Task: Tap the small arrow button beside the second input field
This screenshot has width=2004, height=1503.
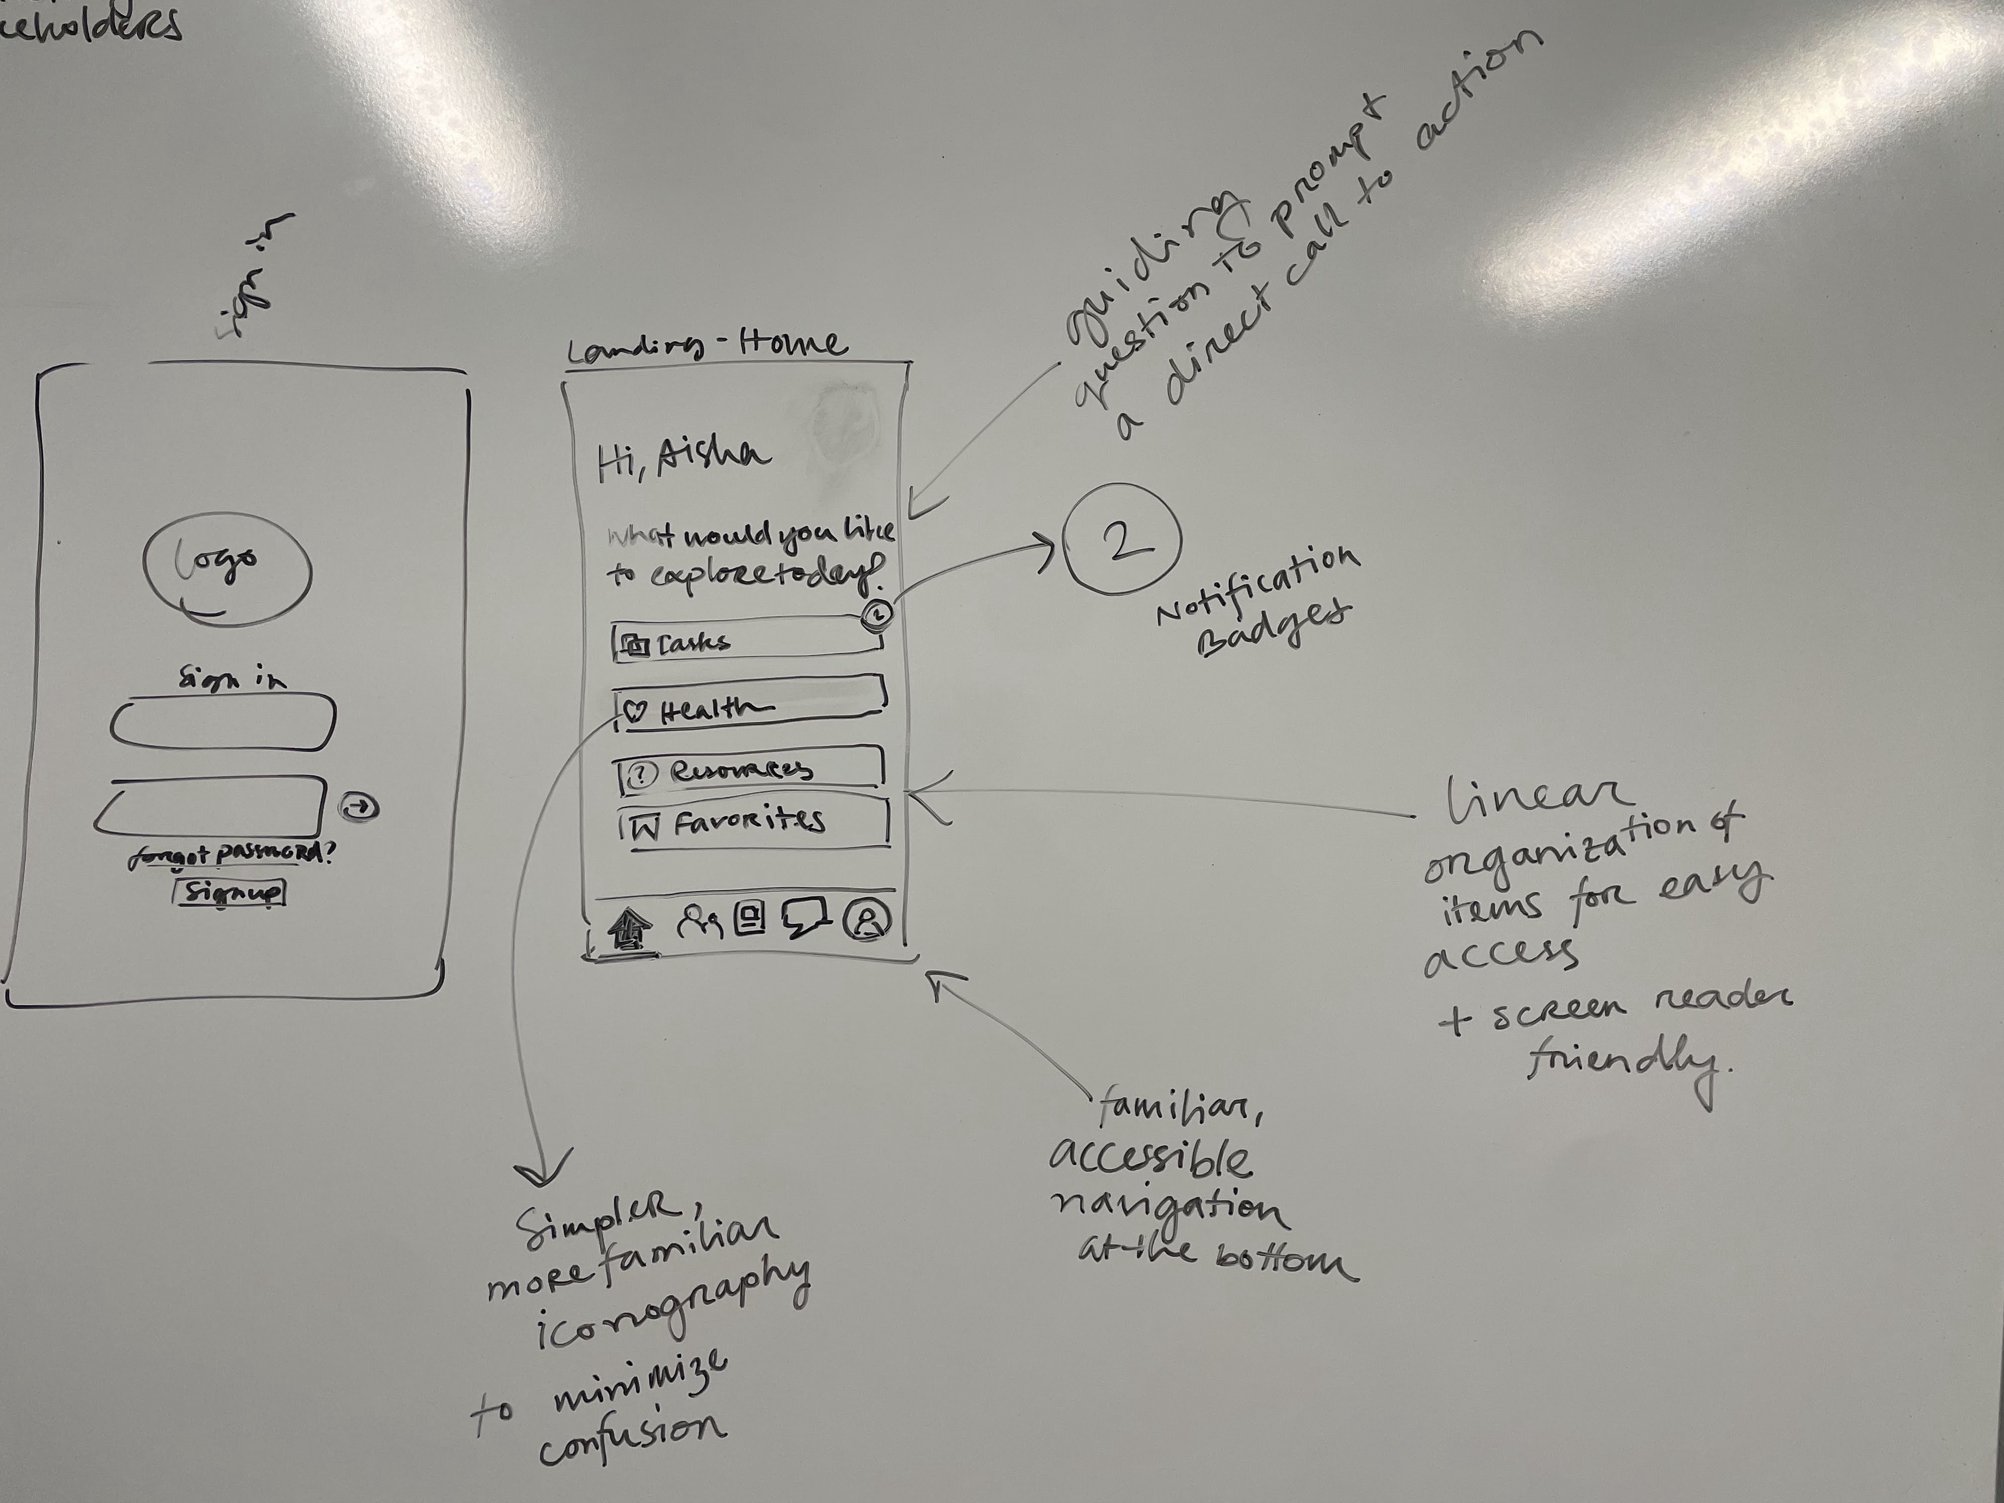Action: pos(360,807)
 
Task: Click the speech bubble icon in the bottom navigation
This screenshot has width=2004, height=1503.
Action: pos(805,918)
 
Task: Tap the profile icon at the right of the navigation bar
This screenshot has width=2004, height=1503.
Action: pos(867,919)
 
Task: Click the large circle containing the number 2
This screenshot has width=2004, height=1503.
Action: pos(1122,540)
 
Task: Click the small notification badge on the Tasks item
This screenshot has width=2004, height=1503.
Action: pos(877,614)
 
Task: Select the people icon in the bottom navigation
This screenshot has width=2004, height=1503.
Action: pos(698,922)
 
